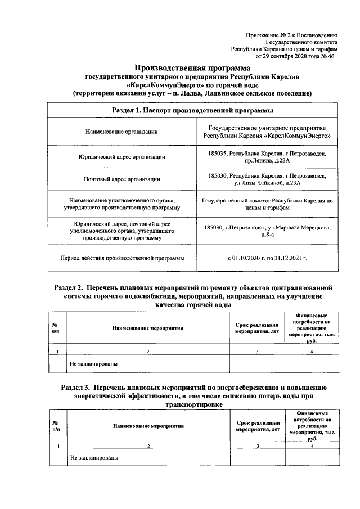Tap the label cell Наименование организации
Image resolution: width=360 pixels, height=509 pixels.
click(121, 132)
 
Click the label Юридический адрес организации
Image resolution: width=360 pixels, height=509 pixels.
click(121, 157)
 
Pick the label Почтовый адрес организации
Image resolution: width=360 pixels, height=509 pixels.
click(121, 179)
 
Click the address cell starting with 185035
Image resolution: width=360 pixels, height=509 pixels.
click(266, 157)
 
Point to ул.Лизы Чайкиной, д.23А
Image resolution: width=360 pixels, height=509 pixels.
click(267, 183)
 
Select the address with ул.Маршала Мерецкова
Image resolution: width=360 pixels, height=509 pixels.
click(266, 231)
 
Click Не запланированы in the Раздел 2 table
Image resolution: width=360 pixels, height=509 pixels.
click(93, 364)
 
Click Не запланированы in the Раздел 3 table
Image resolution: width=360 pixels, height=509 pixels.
click(93, 458)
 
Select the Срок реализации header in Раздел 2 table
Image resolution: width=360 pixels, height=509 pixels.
click(257, 328)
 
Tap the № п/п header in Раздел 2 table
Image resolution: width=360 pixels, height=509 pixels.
click(55, 328)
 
